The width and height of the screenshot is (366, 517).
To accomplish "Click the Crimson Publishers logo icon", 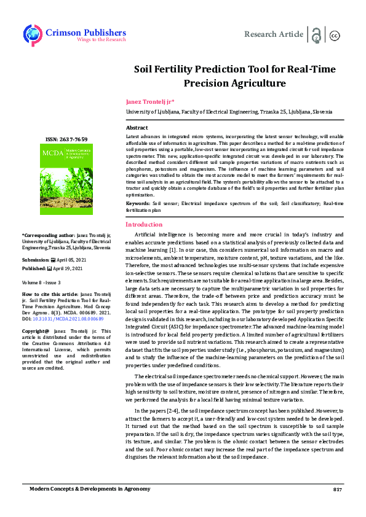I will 32,35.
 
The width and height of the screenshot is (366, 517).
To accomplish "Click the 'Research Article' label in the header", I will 274,34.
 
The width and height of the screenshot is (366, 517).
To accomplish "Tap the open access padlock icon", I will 317,35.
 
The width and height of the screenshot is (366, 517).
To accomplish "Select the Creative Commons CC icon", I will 335,36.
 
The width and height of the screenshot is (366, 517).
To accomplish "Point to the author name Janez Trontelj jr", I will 151,101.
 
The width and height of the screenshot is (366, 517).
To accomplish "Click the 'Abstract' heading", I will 137,127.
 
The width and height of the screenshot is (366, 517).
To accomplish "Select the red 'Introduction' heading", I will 144,225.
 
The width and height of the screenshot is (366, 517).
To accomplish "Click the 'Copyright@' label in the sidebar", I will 37,332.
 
